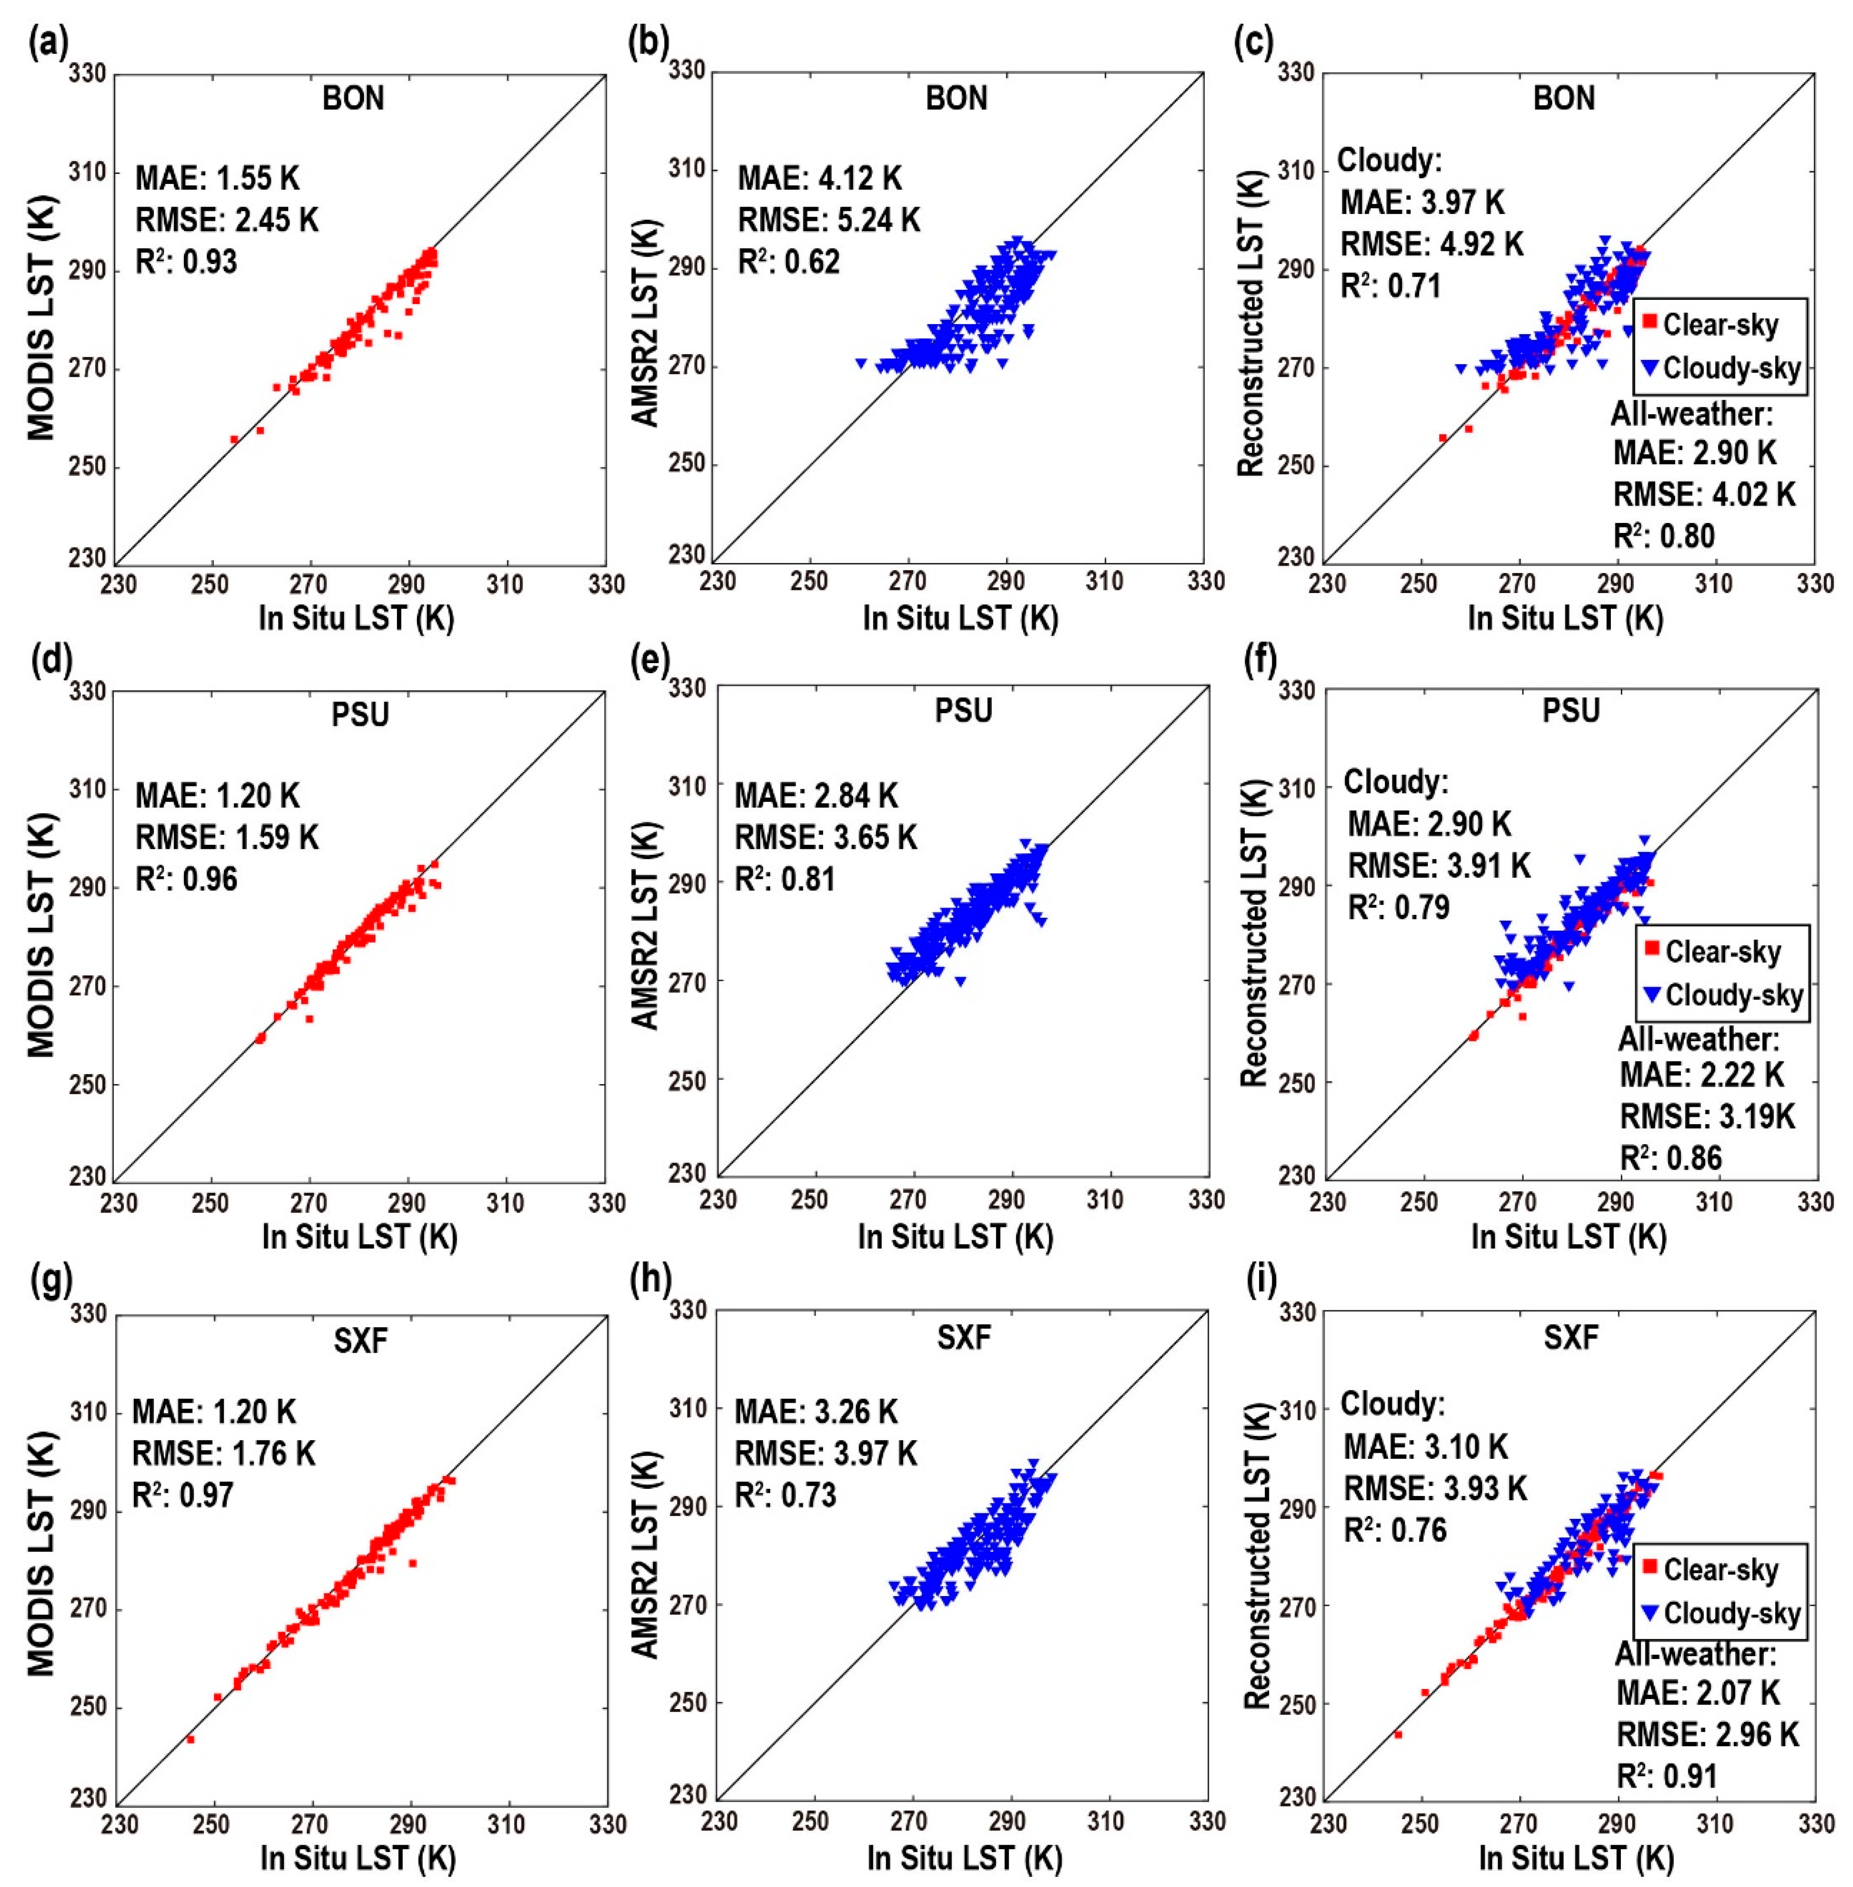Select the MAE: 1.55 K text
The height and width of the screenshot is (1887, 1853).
coord(217,178)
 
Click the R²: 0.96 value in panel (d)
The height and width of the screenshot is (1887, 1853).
coord(186,879)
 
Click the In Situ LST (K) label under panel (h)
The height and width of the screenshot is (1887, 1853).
coord(965,1857)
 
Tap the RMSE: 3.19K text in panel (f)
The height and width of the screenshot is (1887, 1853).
coord(1706,1115)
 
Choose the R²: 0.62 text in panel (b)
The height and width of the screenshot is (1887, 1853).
coord(788,262)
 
